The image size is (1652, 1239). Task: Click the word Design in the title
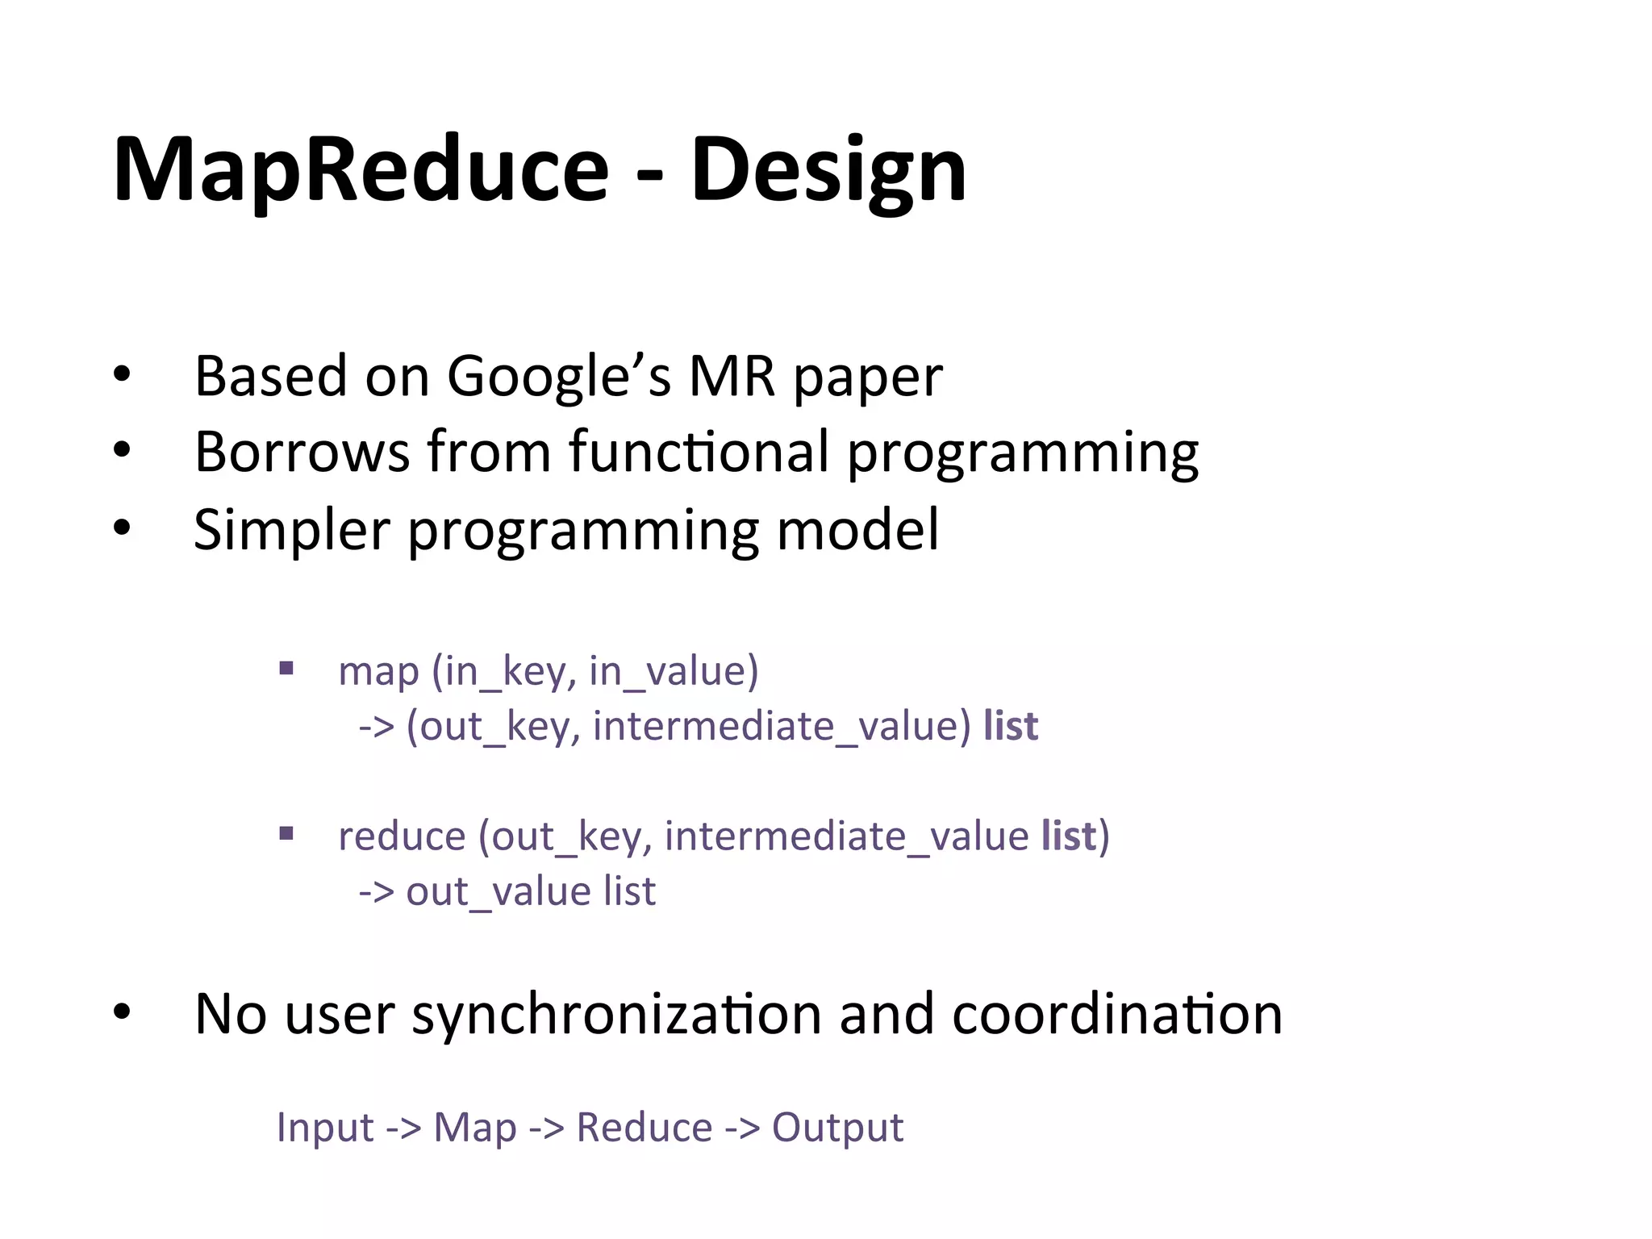point(828,171)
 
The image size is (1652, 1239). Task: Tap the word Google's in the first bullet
point(558,377)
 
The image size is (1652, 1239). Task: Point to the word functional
point(699,452)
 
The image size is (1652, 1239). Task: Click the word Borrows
point(302,452)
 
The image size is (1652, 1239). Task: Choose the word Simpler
point(292,530)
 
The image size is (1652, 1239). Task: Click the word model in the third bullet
point(857,530)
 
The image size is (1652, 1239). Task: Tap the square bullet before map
point(286,668)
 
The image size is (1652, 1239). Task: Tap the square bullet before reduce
point(286,833)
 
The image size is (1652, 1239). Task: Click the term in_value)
point(674,671)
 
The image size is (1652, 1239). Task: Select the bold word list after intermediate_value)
point(1010,725)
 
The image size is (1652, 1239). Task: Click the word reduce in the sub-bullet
point(401,836)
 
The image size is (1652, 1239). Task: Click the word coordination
point(1117,1013)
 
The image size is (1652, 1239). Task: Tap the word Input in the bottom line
point(324,1127)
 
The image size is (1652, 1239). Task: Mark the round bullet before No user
point(122,1013)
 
